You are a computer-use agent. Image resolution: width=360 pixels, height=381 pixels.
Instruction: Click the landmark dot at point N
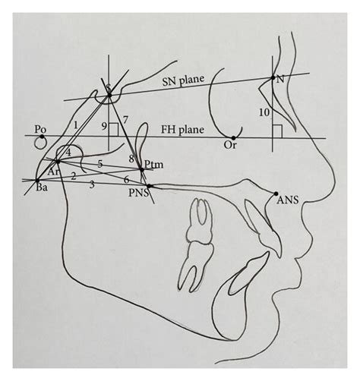273,77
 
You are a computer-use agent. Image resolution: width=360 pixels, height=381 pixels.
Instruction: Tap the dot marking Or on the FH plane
233,138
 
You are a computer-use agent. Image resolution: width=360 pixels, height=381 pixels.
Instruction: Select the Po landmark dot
42,137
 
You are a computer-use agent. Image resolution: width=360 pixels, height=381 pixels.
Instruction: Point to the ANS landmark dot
276,194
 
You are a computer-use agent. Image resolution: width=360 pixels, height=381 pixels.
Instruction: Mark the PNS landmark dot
149,186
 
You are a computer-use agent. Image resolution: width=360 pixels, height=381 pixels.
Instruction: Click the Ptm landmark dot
142,169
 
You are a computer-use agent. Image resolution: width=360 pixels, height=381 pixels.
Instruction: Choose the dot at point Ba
37,181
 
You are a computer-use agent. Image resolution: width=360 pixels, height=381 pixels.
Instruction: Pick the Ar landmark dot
58,161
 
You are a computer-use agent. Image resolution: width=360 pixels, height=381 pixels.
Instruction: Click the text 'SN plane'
183,80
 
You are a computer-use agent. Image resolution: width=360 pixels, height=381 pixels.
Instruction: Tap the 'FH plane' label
182,130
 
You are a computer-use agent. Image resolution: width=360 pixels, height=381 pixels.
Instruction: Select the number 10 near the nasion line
264,112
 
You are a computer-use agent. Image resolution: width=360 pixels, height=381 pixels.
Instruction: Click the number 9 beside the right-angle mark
104,126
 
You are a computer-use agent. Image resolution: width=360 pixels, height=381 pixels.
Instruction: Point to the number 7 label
125,119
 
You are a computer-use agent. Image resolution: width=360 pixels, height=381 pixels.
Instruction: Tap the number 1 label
75,125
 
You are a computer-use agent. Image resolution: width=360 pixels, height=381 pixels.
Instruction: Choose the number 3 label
92,184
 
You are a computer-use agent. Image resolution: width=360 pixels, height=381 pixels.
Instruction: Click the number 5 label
100,164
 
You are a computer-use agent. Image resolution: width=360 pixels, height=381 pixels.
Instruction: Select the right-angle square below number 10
277,131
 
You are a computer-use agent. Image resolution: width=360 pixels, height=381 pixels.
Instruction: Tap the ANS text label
288,200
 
